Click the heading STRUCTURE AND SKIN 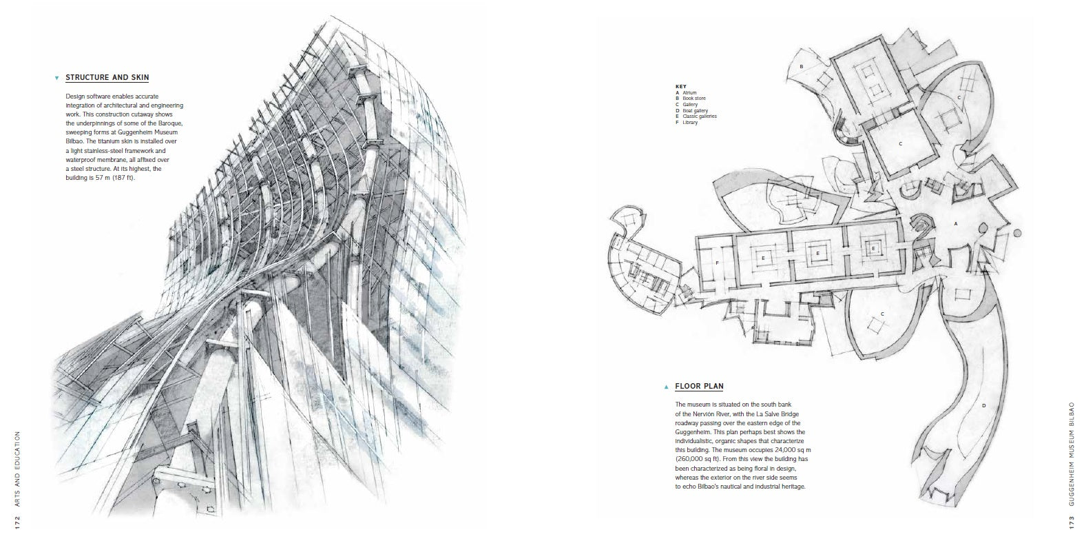coord(107,77)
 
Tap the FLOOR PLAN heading coord(699,386)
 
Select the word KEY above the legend coord(680,87)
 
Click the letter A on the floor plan coord(956,224)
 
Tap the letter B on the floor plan coord(802,66)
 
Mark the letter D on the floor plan coord(983,406)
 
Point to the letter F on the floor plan coord(717,263)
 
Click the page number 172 coord(17,522)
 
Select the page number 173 coord(1071,522)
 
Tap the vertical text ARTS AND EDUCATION coord(17,469)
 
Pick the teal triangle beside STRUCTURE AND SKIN coord(56,78)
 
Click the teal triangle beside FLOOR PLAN coord(666,387)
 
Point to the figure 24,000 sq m coord(789,450)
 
